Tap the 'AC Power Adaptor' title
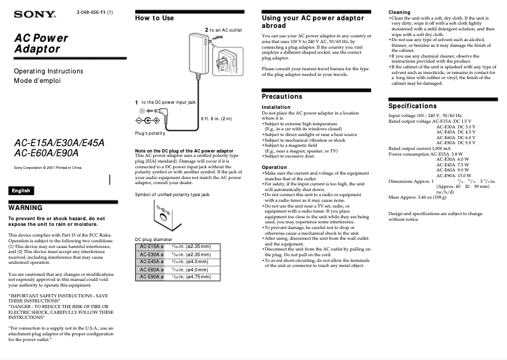[41, 43]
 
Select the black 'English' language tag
[21, 190]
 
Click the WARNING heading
[25, 208]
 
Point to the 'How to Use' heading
[154, 18]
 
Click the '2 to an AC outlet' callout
[223, 30]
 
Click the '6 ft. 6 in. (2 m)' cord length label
[216, 118]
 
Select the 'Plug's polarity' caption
[150, 133]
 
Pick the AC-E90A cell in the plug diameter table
[151, 276]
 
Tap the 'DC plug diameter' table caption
[154, 239]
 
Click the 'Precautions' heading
[282, 96]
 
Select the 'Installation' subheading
[276, 108]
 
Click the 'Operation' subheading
[274, 167]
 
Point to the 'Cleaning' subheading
[399, 12]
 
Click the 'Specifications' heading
[413, 106]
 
